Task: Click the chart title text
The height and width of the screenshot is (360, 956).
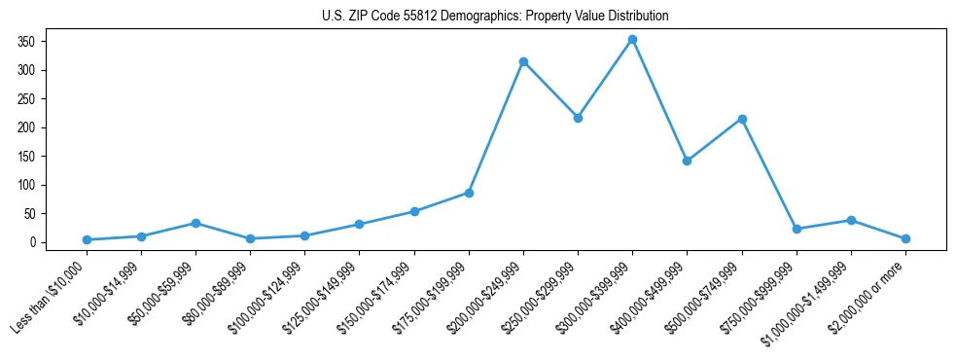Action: coord(495,16)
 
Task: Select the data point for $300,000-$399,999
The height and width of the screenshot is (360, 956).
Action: coord(632,40)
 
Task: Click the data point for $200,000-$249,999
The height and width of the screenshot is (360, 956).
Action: coord(523,62)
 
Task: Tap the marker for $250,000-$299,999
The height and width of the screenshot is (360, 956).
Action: coord(578,118)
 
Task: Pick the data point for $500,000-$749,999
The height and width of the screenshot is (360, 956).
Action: coord(742,119)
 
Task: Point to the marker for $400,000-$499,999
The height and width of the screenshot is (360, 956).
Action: coord(687,161)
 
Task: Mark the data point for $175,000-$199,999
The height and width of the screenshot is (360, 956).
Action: coord(469,193)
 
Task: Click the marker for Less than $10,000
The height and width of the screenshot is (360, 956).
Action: coord(87,239)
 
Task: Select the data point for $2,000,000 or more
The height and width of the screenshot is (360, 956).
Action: coord(905,238)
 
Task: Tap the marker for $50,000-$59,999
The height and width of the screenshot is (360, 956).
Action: coord(195,223)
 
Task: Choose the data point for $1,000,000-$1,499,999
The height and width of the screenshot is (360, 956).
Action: coord(851,220)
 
